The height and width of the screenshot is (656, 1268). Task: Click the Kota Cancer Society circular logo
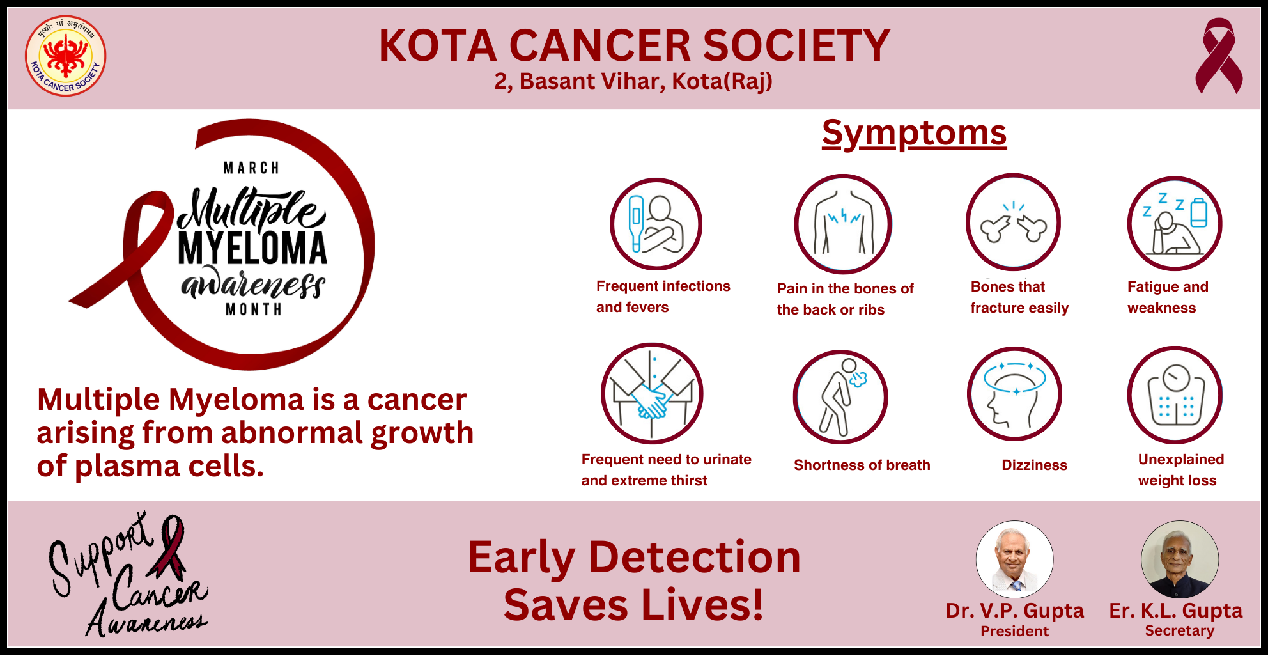(x=65, y=56)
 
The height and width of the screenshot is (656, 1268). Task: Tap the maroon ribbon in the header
(x=1219, y=56)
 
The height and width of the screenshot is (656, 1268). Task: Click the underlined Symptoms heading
(x=914, y=133)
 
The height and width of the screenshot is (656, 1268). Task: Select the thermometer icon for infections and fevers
(x=656, y=224)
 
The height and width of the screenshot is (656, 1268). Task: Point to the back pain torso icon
(x=843, y=224)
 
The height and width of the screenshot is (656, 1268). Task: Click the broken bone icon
(x=1013, y=222)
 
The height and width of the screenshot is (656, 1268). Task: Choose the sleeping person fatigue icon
(x=1175, y=224)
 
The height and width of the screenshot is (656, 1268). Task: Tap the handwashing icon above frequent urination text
(x=652, y=394)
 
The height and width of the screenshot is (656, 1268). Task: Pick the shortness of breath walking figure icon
(x=840, y=397)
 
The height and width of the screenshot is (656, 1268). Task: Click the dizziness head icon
(x=1014, y=394)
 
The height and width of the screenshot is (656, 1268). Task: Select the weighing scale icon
(x=1175, y=394)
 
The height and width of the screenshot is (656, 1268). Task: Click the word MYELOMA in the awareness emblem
(x=252, y=249)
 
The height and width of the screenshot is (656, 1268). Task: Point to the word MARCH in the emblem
(x=251, y=168)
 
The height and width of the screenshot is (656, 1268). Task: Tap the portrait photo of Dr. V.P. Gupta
(x=1014, y=559)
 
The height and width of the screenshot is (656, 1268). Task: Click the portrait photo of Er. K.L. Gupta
(x=1180, y=559)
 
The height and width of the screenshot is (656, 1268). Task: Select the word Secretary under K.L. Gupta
(x=1179, y=630)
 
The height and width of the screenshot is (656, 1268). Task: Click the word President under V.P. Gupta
(x=1014, y=631)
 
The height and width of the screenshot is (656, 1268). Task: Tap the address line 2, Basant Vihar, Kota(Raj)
(x=633, y=82)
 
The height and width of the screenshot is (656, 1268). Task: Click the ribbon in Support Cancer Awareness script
(x=169, y=547)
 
